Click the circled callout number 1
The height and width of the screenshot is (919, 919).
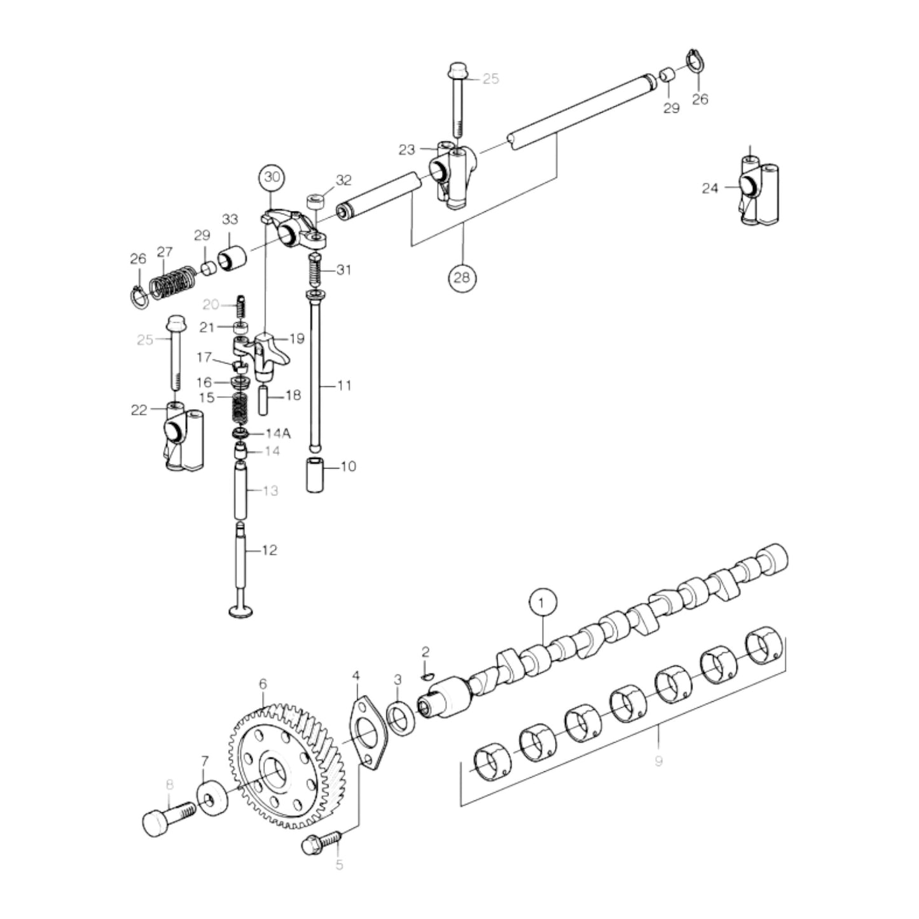(541, 602)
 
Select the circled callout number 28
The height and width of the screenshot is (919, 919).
(462, 277)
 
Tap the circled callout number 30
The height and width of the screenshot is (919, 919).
(272, 177)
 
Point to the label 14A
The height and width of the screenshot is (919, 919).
(278, 434)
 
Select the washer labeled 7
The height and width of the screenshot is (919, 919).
(211, 799)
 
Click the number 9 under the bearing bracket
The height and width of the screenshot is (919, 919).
(658, 760)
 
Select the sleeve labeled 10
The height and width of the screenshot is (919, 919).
(316, 474)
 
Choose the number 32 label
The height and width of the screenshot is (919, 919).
(343, 180)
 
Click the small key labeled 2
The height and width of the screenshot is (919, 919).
(427, 676)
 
